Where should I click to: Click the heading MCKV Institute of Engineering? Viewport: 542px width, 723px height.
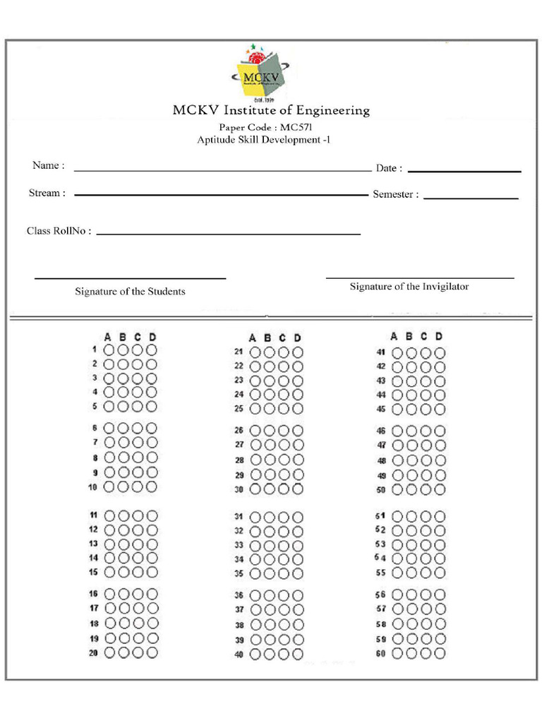tap(271, 110)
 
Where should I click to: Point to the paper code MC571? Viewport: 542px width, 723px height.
tap(296, 128)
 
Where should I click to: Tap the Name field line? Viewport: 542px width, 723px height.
tap(222, 171)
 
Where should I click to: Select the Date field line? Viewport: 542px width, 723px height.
tap(464, 171)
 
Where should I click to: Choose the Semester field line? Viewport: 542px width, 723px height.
tap(470, 198)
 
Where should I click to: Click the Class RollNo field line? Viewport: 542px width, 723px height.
tap(228, 234)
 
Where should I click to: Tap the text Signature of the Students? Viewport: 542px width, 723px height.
tap(130, 292)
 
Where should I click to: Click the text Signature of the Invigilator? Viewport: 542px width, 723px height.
tap(409, 287)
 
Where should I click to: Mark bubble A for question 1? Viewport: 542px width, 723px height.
tap(110, 349)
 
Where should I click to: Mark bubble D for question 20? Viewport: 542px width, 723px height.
tap(152, 653)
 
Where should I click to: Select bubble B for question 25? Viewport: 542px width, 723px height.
tap(270, 409)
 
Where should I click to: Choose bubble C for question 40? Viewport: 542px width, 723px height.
tap(284, 655)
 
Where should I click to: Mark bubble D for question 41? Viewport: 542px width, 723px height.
tap(440, 352)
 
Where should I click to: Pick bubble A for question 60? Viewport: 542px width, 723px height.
tap(398, 654)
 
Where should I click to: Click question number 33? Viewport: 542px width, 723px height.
tap(239, 545)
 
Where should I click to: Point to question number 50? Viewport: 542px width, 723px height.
tap(381, 489)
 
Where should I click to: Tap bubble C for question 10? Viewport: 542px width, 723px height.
tap(138, 486)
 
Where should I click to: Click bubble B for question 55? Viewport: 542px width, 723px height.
tap(412, 573)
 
